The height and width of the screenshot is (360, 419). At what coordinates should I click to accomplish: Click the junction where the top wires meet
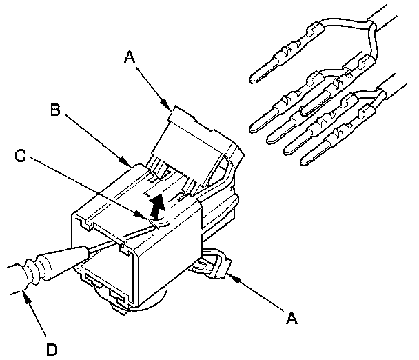pos(371,28)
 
